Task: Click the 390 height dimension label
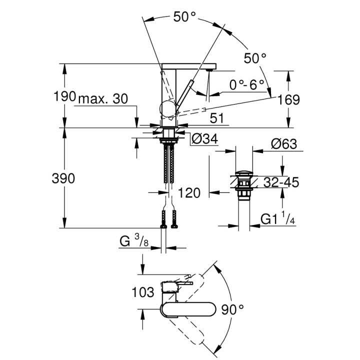[x=64, y=178]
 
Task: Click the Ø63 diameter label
[x=283, y=144]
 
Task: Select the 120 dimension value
[x=190, y=192]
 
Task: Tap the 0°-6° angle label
[x=246, y=85]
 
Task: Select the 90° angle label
[x=234, y=309]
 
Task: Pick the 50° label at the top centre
[x=184, y=17]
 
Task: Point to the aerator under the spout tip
[x=208, y=71]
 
